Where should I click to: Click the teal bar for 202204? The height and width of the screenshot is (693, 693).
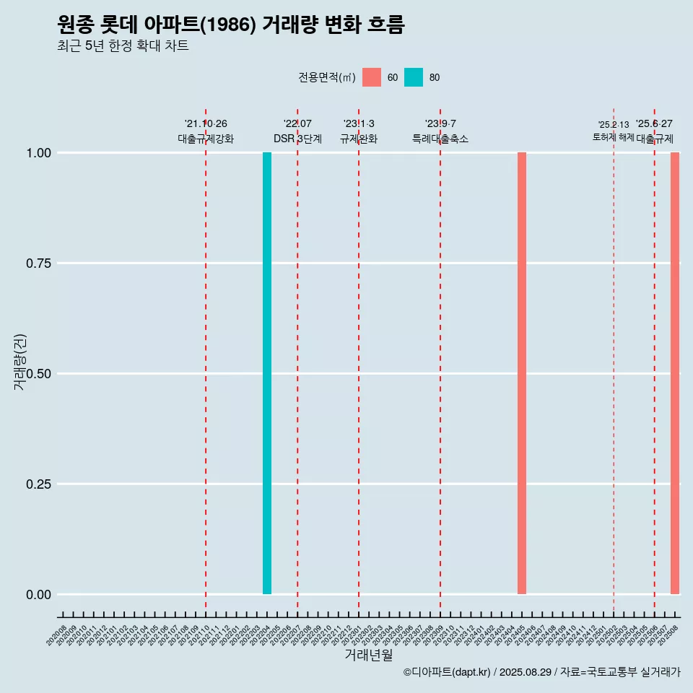click(267, 373)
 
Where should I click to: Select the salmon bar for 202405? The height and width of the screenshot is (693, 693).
click(522, 373)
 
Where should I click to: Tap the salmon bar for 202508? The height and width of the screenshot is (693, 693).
click(675, 373)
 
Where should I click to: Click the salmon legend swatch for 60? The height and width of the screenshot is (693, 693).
click(372, 77)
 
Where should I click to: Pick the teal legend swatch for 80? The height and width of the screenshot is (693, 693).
click(414, 77)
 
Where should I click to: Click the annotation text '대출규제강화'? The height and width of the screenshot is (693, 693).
click(206, 139)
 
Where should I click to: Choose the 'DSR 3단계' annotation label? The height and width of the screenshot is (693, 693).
click(297, 139)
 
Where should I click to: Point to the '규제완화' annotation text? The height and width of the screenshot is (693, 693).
click(359, 139)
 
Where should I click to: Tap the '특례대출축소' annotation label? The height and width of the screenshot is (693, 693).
click(440, 139)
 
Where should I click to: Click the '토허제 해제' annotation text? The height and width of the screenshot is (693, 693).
click(614, 137)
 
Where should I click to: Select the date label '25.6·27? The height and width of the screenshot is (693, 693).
click(654, 124)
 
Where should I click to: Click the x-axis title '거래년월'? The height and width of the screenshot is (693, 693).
click(369, 655)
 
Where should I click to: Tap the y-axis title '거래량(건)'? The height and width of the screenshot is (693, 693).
click(19, 362)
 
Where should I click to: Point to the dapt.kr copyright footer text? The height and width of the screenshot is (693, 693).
click(541, 672)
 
